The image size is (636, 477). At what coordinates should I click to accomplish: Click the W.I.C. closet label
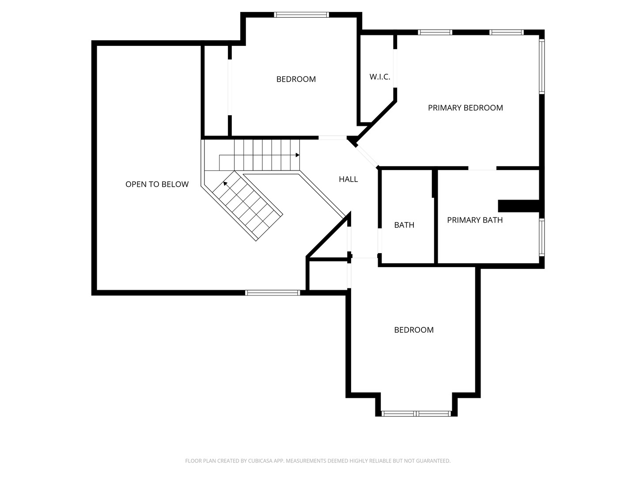pyautogui.click(x=379, y=77)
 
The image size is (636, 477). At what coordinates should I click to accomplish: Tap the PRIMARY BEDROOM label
pyautogui.click(x=466, y=108)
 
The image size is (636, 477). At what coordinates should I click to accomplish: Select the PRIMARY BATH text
pyautogui.click(x=475, y=220)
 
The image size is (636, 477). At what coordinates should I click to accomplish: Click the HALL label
pyautogui.click(x=348, y=179)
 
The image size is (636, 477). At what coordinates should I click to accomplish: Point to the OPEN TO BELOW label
pyautogui.click(x=157, y=184)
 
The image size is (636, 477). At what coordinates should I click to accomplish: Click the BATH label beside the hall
pyautogui.click(x=404, y=225)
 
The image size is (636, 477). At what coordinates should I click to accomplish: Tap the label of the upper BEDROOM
pyautogui.click(x=296, y=79)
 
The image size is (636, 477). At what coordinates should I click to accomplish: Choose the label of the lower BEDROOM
pyautogui.click(x=414, y=330)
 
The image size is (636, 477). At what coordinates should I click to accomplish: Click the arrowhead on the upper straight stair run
pyautogui.click(x=297, y=155)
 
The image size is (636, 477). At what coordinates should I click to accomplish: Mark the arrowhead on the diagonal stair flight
pyautogui.click(x=225, y=184)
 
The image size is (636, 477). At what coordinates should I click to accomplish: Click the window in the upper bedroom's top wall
pyautogui.click(x=301, y=15)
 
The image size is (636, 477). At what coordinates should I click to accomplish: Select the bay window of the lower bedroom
pyautogui.click(x=416, y=413)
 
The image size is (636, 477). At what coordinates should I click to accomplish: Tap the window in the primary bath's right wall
pyautogui.click(x=542, y=237)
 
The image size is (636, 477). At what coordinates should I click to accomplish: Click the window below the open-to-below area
pyautogui.click(x=273, y=293)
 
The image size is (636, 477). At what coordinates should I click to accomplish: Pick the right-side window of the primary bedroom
pyautogui.click(x=542, y=66)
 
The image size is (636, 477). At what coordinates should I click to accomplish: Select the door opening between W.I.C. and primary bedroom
pyautogui.click(x=395, y=68)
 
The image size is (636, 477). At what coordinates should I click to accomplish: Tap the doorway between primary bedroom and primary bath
pyautogui.click(x=482, y=168)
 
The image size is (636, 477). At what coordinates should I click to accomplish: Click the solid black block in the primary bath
pyautogui.click(x=519, y=206)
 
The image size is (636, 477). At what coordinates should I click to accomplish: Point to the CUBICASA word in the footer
pyautogui.click(x=260, y=461)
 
